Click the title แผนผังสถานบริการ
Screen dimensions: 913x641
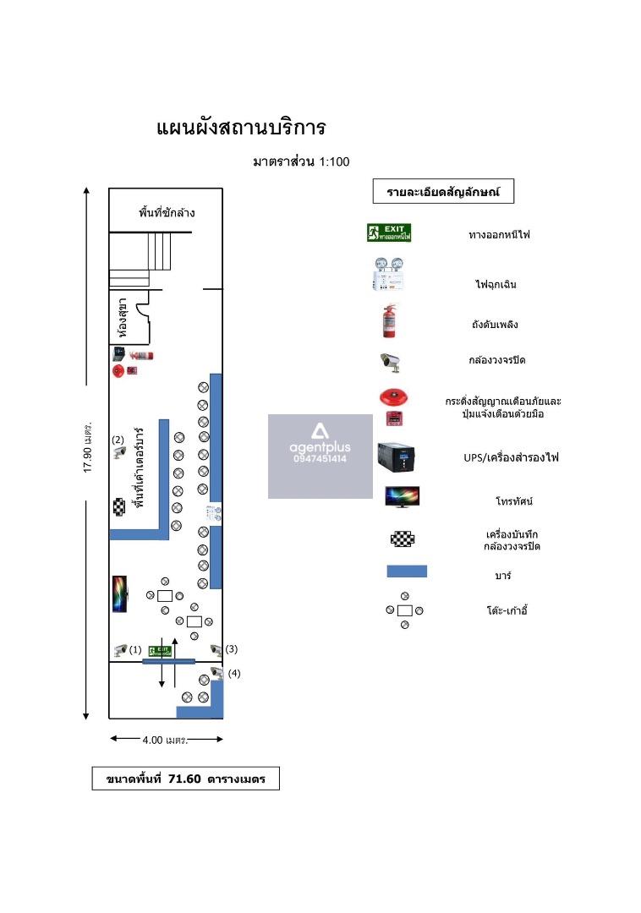coord(241,128)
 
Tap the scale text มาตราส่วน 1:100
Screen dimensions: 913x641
coord(300,161)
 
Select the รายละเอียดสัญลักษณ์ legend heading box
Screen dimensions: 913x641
coord(443,192)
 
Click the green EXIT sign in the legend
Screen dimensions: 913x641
coord(389,232)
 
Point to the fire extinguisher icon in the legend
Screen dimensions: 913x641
coord(389,321)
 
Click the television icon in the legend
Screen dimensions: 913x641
coord(403,497)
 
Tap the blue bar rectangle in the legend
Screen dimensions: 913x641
coord(406,571)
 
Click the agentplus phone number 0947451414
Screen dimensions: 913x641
coord(320,459)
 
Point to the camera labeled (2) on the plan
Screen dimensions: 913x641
coord(120,452)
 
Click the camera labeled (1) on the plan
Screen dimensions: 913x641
coord(120,650)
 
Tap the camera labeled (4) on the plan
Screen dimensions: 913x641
coord(216,672)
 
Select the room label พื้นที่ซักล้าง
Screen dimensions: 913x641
coord(167,212)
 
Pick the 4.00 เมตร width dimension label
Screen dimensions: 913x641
coord(165,740)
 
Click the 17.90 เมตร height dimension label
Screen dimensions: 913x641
coord(87,445)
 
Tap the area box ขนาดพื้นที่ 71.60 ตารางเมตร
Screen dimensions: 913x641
coord(185,779)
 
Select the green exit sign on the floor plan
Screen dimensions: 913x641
coord(160,650)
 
